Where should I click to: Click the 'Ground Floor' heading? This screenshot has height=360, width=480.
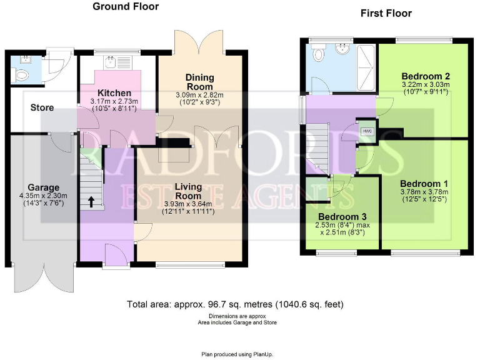(x=126, y=7)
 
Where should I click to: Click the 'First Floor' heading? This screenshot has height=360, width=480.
(x=386, y=13)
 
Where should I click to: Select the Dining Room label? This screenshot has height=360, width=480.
(x=199, y=82)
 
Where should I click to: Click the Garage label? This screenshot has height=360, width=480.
(x=43, y=187)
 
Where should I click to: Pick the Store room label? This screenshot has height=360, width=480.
(x=42, y=107)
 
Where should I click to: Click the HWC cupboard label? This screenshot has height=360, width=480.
(x=366, y=131)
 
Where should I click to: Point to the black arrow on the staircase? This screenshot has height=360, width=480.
(x=91, y=201)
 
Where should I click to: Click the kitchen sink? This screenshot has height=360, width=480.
(x=110, y=61)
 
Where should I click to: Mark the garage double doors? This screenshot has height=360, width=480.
(x=43, y=278)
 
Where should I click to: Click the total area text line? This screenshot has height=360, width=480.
(x=235, y=304)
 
